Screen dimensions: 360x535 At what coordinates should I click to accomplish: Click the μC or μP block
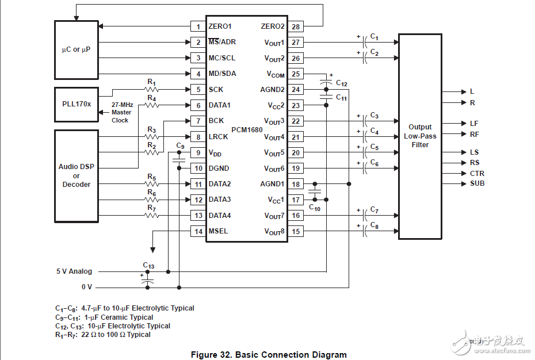point(77,50)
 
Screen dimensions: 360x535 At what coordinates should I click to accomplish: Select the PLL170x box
point(77,105)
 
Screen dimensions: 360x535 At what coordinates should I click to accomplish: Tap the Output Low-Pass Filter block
point(420,136)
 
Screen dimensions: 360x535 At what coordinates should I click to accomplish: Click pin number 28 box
point(296,26)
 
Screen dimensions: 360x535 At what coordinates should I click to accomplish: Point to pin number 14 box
point(198,231)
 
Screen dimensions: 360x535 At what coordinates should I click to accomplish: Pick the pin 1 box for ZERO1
point(198,26)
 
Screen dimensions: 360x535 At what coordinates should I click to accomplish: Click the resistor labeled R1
point(152,90)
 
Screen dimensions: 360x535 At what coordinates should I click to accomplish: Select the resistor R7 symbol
point(152,216)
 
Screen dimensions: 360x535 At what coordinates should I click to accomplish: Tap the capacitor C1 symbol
point(364,42)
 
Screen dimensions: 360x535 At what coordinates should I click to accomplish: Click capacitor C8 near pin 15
point(364,231)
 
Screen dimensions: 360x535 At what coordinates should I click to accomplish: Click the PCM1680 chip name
point(247,130)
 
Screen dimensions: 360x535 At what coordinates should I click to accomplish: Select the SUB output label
point(477,183)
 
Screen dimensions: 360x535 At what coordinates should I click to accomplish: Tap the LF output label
point(474,124)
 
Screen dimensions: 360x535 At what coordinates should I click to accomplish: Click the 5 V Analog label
point(74,271)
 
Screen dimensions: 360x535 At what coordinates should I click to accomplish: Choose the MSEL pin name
point(218,231)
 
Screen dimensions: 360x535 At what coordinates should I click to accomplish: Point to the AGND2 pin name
point(272,90)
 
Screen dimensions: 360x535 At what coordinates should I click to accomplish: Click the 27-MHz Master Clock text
point(121,113)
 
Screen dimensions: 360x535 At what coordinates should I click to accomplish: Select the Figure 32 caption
point(269,355)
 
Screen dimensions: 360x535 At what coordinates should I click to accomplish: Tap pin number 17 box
point(296,200)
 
